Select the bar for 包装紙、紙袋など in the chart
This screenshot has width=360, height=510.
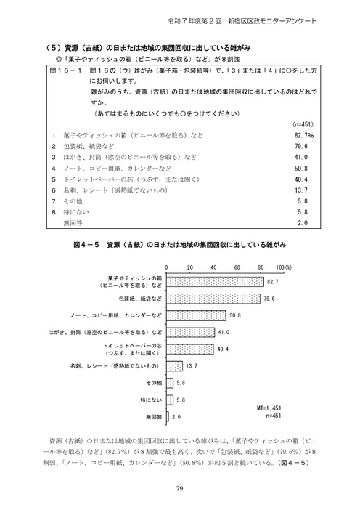click(x=214, y=299)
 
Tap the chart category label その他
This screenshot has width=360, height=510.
click(x=153, y=382)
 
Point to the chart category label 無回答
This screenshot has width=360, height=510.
click(x=153, y=416)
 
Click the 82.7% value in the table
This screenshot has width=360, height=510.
click(x=303, y=135)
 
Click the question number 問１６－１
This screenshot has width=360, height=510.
click(x=63, y=73)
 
